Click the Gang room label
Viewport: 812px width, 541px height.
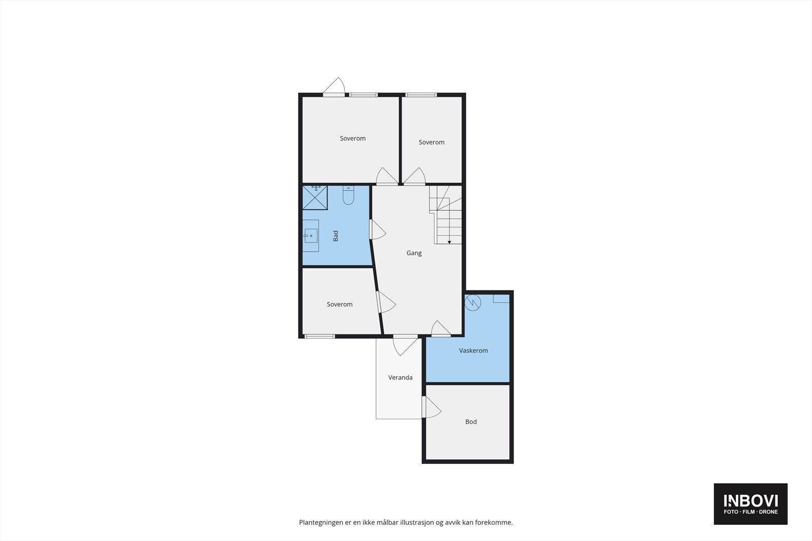(x=414, y=253)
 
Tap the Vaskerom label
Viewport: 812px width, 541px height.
(x=473, y=350)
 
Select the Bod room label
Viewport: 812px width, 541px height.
(x=470, y=422)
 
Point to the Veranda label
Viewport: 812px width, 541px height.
(x=400, y=377)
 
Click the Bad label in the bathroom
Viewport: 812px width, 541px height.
(x=335, y=236)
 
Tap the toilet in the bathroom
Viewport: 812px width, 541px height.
(x=348, y=195)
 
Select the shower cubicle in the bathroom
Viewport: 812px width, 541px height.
(x=315, y=198)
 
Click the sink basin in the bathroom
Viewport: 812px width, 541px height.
(x=311, y=236)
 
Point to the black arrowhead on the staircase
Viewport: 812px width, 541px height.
(x=449, y=242)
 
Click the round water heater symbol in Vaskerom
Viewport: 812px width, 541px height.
(x=472, y=303)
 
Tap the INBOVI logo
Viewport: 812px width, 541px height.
(x=750, y=503)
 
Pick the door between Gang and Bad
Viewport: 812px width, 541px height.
(x=377, y=230)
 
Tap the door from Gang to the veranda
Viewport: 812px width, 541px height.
(x=405, y=345)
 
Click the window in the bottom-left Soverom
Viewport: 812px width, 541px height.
(x=319, y=336)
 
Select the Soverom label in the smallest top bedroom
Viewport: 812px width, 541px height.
(x=431, y=142)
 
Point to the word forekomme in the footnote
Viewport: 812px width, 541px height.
(x=493, y=522)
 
